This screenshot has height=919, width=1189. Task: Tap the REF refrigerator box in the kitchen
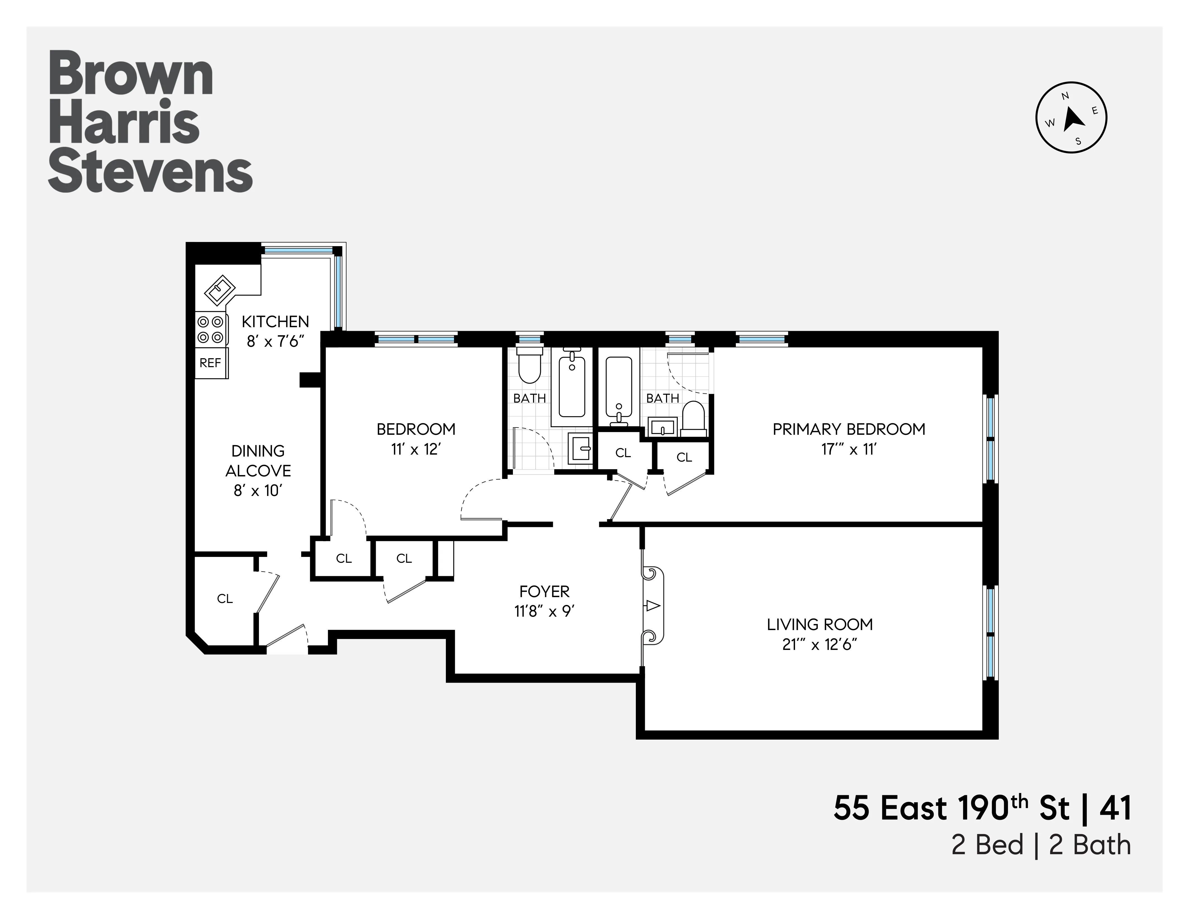tap(211, 363)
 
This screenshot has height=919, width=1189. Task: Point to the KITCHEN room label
tap(275, 321)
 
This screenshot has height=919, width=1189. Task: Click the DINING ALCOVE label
tap(258, 460)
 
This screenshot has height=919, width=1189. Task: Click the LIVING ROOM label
tap(819, 624)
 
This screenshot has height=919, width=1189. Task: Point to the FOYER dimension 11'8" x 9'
tap(544, 611)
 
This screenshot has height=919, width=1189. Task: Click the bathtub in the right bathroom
tap(619, 386)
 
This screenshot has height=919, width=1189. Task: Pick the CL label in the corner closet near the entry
tap(225, 599)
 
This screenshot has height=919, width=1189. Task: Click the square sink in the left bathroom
tap(580, 449)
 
